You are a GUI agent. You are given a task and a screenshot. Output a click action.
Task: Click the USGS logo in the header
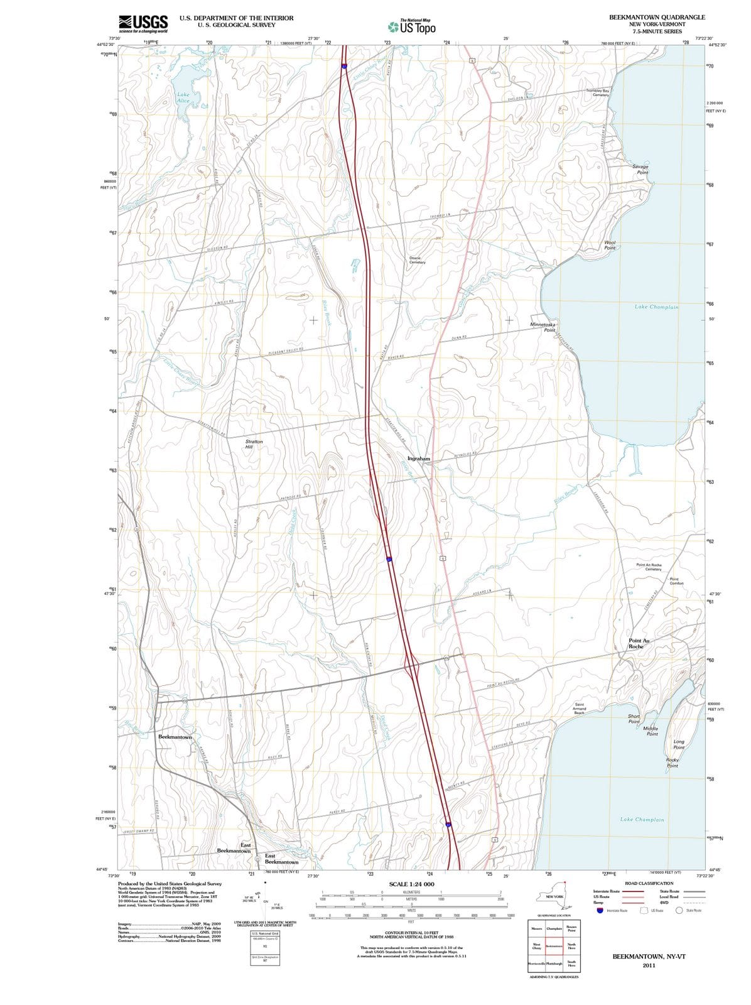143,23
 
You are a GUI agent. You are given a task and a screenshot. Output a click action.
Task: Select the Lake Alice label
183,97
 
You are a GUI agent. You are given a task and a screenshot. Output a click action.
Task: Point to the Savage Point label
640,170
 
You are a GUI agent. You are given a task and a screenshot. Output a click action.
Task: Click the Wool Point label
610,245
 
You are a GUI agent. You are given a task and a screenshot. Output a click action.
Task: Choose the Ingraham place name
419,459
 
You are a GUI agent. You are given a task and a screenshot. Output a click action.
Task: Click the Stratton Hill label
254,445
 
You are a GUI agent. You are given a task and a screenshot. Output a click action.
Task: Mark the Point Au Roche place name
639,643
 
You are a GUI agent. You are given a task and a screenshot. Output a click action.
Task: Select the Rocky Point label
672,763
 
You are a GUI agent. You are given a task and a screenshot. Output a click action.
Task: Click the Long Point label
679,744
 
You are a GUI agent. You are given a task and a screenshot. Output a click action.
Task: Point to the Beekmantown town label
175,736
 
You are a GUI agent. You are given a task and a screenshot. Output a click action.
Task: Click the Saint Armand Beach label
580,709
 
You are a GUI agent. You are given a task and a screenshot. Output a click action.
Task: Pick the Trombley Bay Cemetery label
597,92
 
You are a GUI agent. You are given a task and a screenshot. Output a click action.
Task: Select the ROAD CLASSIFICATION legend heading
649,883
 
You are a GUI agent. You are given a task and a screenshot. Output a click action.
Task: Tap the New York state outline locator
553,892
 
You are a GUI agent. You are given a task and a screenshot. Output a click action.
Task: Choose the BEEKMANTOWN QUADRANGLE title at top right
657,17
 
